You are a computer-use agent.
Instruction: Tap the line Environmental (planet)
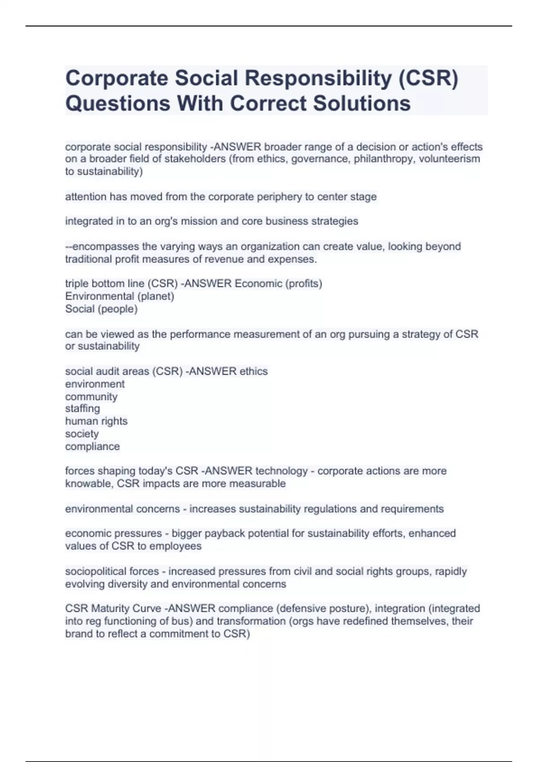(120, 296)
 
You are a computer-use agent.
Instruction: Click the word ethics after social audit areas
(253, 371)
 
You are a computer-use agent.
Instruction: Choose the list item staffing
(82, 408)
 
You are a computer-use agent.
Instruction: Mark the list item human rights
(96, 421)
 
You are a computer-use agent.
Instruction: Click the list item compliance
(92, 446)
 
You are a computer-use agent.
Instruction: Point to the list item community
(91, 396)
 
